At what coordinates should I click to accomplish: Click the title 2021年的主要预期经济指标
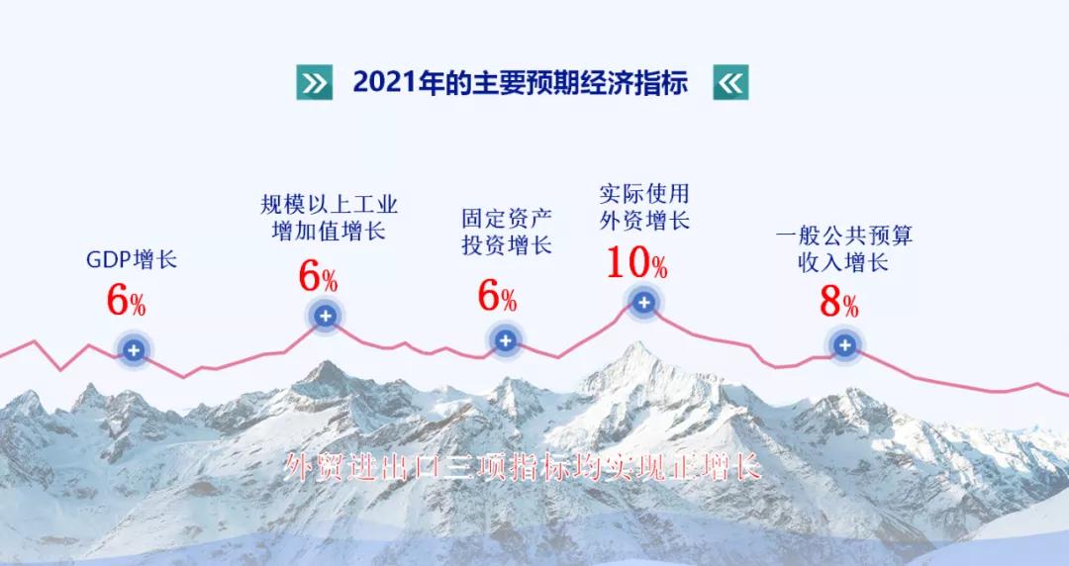click(x=521, y=82)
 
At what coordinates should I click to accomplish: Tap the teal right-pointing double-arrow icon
click(x=315, y=82)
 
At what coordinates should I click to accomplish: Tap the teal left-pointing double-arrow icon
click(x=730, y=82)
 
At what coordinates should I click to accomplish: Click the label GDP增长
click(x=132, y=260)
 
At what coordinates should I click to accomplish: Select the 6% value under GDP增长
click(x=126, y=300)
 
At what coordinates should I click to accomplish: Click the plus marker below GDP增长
click(x=134, y=350)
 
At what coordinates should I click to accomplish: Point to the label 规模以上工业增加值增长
click(x=330, y=218)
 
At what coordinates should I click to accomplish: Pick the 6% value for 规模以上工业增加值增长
click(x=318, y=276)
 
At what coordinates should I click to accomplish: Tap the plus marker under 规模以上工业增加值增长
click(x=326, y=316)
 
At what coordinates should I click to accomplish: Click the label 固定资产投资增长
click(x=507, y=232)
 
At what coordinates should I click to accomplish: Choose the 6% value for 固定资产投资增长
click(x=497, y=296)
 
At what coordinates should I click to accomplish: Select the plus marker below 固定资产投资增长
click(x=505, y=341)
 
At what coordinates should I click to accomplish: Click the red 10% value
click(x=636, y=263)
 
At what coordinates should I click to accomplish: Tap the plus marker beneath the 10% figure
click(x=643, y=302)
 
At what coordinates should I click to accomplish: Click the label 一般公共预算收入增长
click(x=844, y=249)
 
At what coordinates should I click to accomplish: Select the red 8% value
click(x=838, y=303)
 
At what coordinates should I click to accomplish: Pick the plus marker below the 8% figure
click(x=844, y=345)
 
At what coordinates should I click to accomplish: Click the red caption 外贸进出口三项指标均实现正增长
click(x=523, y=468)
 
